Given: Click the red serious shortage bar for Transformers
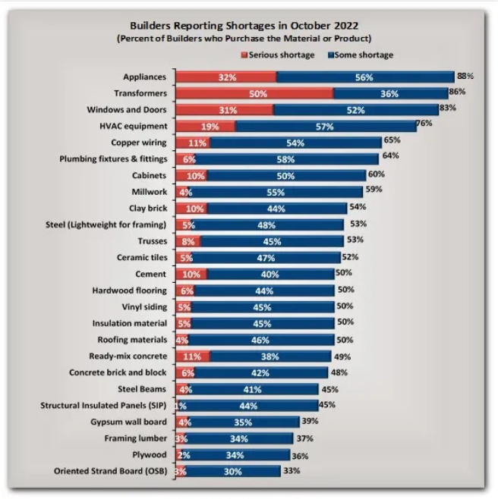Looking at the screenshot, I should pyautogui.click(x=254, y=93).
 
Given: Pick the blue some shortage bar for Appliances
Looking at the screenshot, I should pyautogui.click(x=364, y=77).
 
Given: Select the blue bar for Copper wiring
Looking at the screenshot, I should pyautogui.click(x=295, y=143).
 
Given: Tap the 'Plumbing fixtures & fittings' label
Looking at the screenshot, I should pyautogui.click(x=113, y=159).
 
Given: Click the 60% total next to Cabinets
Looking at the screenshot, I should pyautogui.click(x=377, y=174).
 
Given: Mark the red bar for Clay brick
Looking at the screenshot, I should pyautogui.click(x=191, y=208).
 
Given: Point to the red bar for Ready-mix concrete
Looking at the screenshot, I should pyautogui.click(x=193, y=356).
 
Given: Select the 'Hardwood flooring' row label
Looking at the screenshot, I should pyautogui.click(x=130, y=290).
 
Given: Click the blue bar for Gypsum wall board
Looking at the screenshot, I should pyautogui.click(x=243, y=422).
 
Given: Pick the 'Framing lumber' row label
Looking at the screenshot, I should pyautogui.click(x=136, y=438).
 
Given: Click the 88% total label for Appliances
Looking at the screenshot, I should pyautogui.click(x=465, y=76).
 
